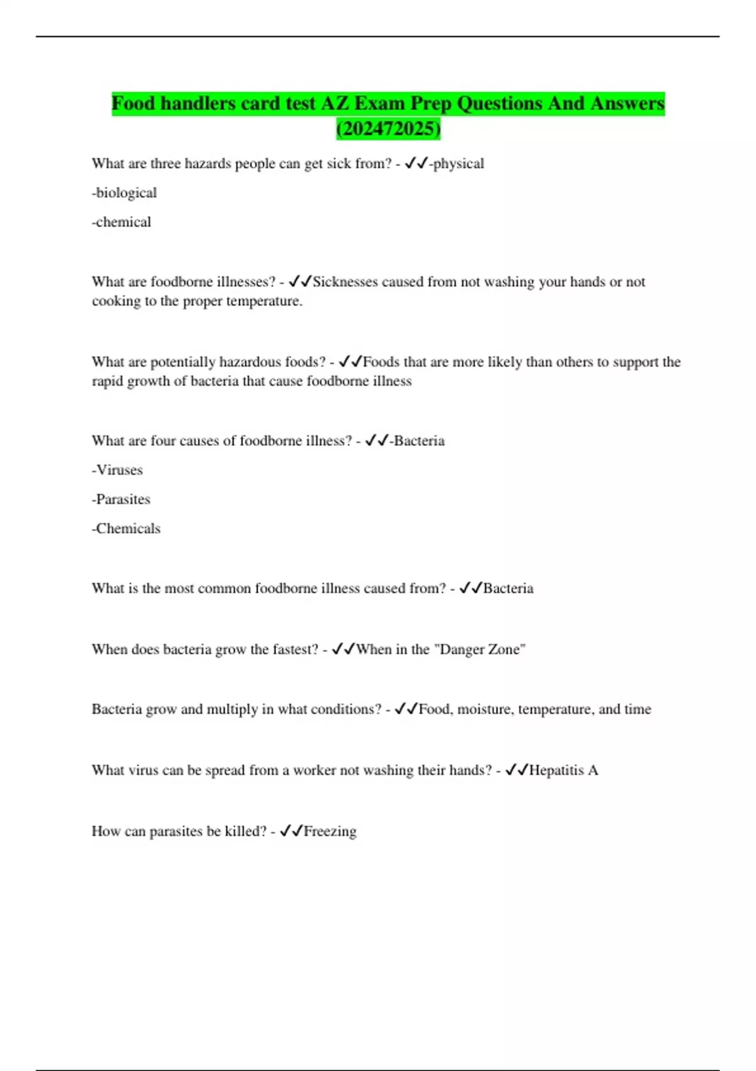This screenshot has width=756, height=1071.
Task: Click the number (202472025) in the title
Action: point(388,129)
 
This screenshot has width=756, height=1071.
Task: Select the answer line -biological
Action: point(124,193)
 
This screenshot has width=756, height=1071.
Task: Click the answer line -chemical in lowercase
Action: point(122,222)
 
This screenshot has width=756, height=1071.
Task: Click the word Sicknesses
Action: point(345,282)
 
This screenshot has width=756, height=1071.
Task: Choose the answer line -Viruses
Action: point(117,470)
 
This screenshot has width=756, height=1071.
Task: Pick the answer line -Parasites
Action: point(121,499)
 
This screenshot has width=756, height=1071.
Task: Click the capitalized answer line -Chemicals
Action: point(126,529)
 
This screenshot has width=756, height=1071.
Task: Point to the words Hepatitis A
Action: point(563,770)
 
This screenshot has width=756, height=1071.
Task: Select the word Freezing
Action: point(330,832)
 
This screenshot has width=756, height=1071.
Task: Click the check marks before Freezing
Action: point(291,832)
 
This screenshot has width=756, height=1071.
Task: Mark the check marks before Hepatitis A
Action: point(517,770)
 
